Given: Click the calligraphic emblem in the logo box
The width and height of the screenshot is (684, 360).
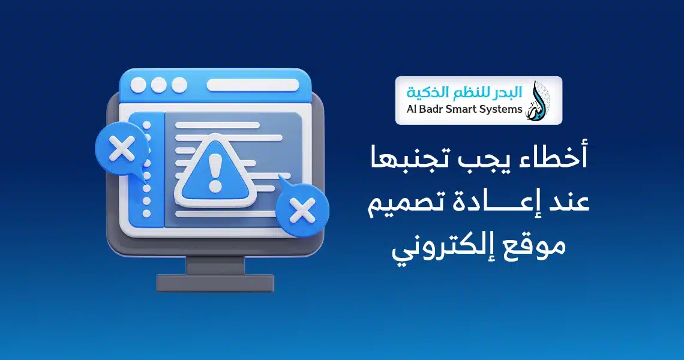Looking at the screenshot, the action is point(538,100).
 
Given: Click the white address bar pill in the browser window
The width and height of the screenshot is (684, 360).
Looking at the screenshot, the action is point(253,86).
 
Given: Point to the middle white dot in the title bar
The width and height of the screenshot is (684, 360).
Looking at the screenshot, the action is point(158,86).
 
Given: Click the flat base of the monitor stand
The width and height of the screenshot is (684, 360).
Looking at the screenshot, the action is point(215,283).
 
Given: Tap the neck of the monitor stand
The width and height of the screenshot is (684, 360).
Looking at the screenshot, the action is point(215,265).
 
